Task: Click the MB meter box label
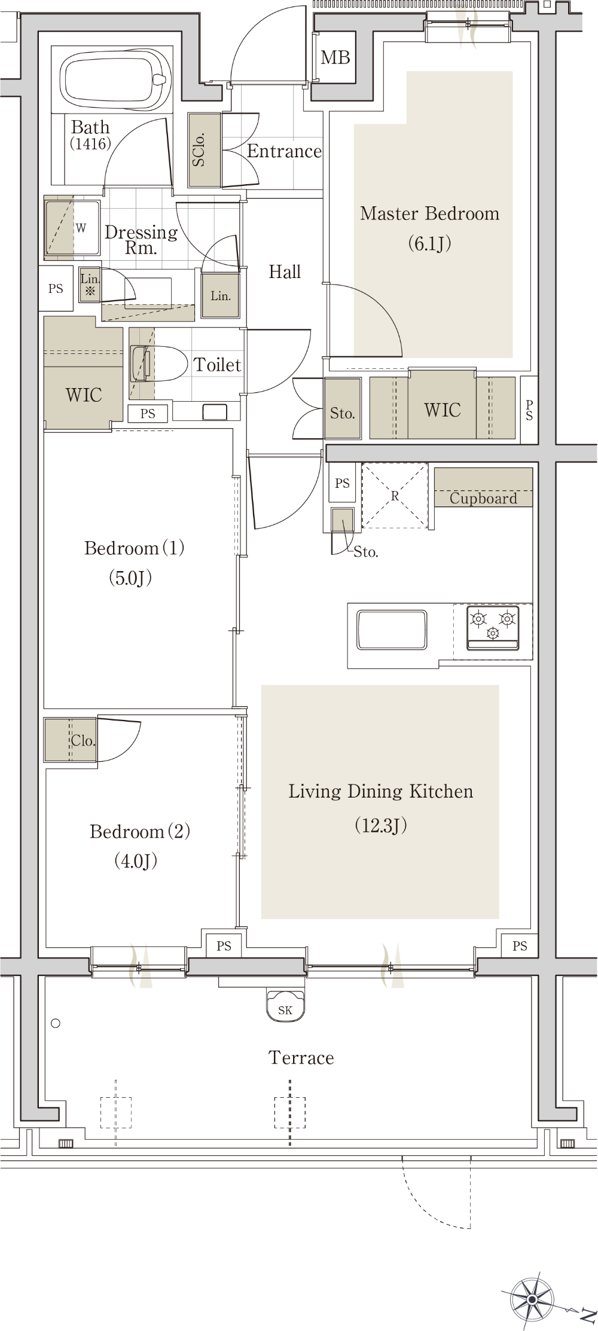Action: [335, 57]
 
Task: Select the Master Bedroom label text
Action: [429, 213]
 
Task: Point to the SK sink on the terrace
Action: [286, 1006]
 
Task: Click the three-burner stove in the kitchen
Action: [493, 627]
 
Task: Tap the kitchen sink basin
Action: [392, 630]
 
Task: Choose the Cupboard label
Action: [483, 498]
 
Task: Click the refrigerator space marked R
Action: [395, 496]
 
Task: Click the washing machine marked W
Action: [72, 228]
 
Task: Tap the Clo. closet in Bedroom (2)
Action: [71, 740]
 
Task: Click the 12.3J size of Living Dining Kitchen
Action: [381, 825]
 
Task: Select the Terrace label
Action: [301, 1058]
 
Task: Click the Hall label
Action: [285, 272]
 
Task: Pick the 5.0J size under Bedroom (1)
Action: [130, 578]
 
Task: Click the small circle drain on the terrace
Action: [56, 1023]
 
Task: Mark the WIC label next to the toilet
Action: [84, 395]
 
